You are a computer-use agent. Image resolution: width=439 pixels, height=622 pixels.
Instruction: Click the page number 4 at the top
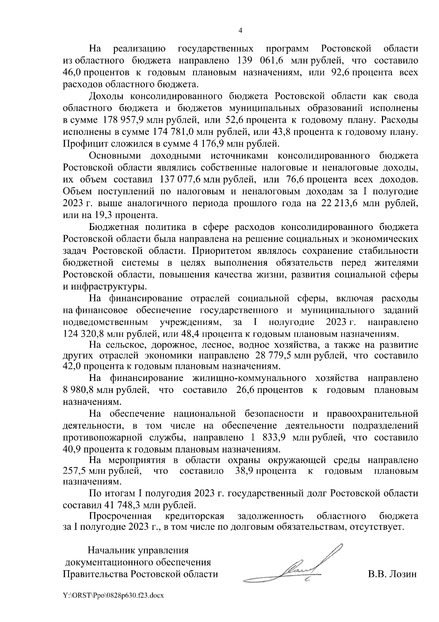click(x=240, y=31)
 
